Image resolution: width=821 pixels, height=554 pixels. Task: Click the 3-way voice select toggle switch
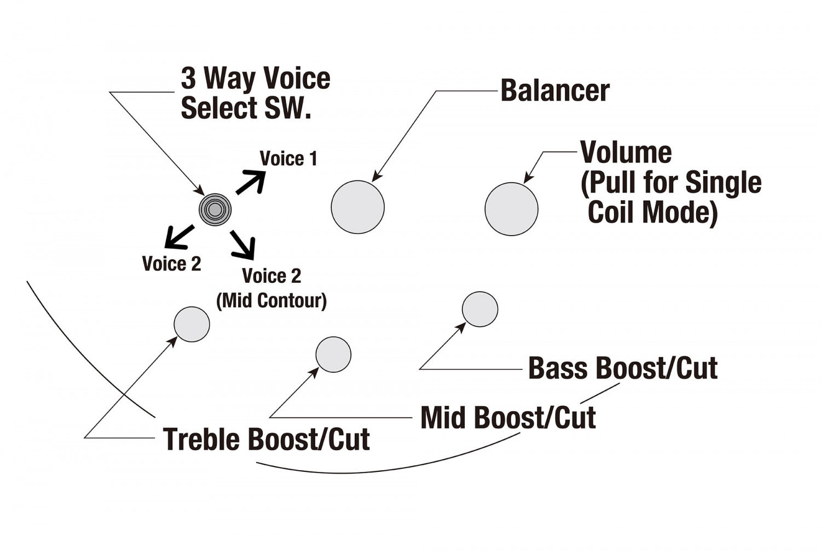click(x=215, y=209)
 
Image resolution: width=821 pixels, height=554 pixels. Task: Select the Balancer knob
click(x=358, y=207)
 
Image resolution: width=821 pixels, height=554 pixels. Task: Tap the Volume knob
click(x=511, y=209)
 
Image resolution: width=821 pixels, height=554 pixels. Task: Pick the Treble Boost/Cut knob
click(x=192, y=324)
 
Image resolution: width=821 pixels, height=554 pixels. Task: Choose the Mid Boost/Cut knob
click(x=333, y=354)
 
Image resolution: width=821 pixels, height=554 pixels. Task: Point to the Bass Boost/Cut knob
click(x=480, y=309)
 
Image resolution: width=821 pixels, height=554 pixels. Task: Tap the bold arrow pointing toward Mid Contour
click(x=242, y=244)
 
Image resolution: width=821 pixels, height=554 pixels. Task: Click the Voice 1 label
click(x=288, y=159)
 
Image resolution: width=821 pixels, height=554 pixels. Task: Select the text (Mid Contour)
click(x=271, y=300)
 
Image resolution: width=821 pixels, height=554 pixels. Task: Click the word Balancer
click(x=554, y=91)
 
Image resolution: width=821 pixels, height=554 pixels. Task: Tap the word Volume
click(x=626, y=153)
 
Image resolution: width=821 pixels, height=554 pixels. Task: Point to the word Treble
click(x=201, y=439)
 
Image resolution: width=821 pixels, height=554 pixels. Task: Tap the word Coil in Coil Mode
click(x=611, y=212)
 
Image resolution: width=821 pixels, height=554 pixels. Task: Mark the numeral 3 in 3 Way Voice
click(x=188, y=78)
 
